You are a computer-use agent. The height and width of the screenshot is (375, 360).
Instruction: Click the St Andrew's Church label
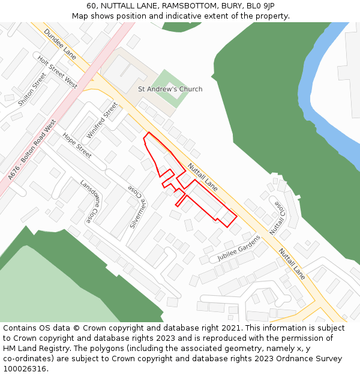coord(170,89)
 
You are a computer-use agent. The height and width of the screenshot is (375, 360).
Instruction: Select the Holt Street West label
coord(58,72)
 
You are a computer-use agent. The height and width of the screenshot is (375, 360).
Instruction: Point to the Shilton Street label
coord(32,90)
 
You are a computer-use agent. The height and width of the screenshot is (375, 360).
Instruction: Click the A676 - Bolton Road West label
coord(32,150)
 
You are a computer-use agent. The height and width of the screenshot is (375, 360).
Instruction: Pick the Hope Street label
coord(77,145)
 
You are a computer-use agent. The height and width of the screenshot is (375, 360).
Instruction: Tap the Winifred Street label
coord(103,119)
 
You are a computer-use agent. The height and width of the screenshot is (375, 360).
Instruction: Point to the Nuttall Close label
coord(278,218)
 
